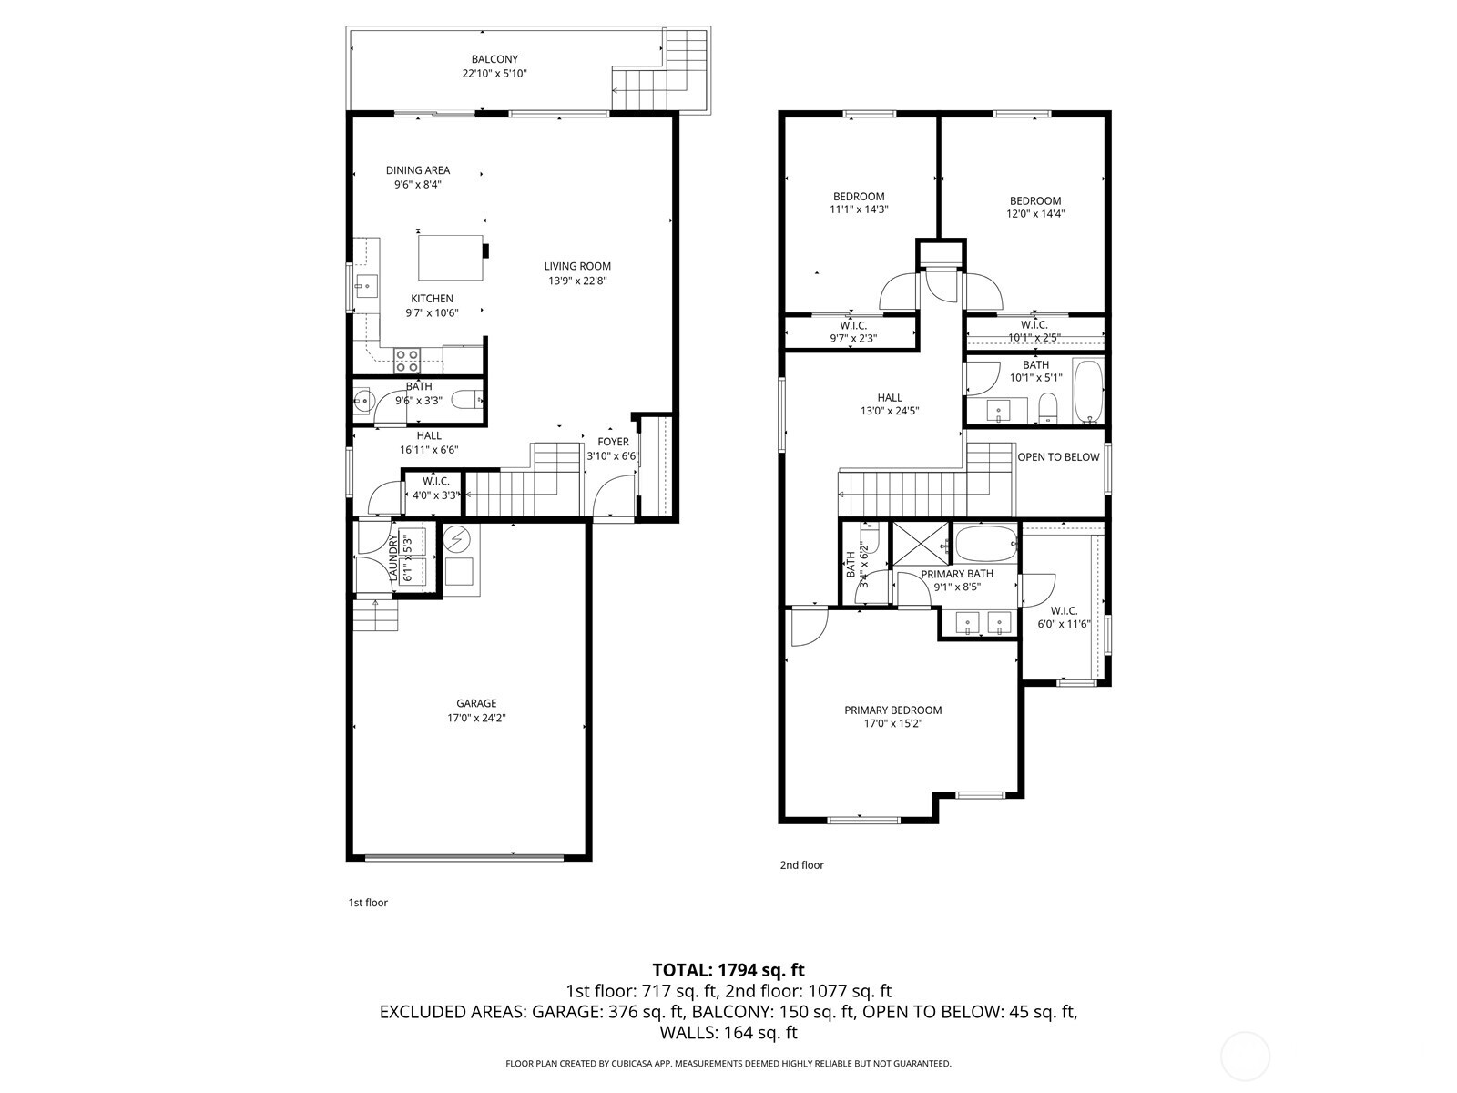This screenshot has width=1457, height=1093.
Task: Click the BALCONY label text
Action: (494, 59)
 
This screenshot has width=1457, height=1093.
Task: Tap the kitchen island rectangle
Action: (451, 258)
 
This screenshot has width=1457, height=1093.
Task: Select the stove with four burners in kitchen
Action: (407, 360)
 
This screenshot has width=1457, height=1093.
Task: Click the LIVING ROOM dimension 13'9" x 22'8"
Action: (577, 281)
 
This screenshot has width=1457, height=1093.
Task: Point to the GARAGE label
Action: (476, 703)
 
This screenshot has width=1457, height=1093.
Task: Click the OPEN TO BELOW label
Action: (1058, 457)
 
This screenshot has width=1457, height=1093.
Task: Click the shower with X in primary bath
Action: (920, 543)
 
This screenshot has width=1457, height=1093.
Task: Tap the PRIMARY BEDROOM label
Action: (892, 710)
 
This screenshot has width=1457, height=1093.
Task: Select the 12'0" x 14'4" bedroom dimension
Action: (1035, 214)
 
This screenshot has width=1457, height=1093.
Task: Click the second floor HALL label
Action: (890, 397)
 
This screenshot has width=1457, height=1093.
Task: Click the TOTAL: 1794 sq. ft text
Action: (728, 970)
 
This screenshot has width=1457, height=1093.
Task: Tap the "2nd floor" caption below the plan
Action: (801, 865)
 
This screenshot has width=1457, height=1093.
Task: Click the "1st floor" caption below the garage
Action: (368, 903)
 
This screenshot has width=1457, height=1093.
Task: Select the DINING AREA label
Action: (418, 170)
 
